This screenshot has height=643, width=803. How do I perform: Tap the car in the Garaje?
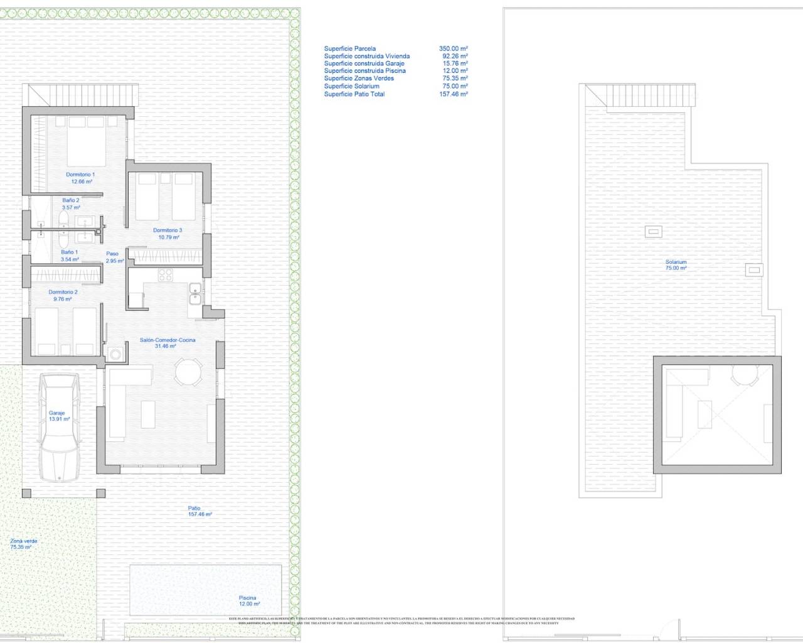[60, 427]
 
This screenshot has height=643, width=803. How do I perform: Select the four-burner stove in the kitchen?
[166, 274]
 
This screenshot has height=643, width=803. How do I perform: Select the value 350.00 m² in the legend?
[454, 48]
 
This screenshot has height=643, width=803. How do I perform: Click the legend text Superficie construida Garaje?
[364, 63]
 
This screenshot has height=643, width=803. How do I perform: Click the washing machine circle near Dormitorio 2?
[115, 354]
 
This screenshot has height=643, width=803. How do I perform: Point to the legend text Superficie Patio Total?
[354, 94]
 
